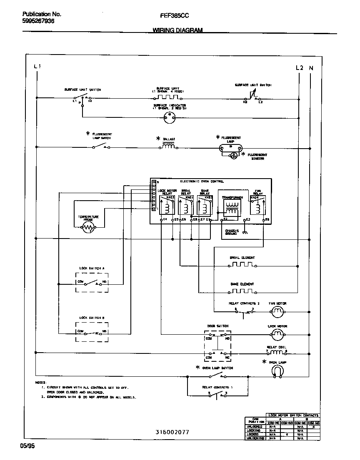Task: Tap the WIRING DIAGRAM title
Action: (x=177, y=30)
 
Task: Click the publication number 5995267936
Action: (x=38, y=21)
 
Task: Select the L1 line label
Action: (x=37, y=67)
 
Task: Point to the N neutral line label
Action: (x=311, y=67)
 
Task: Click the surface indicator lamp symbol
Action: (x=169, y=117)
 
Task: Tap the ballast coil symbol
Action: (x=168, y=146)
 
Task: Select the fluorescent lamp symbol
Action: (x=230, y=147)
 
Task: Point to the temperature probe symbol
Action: (x=88, y=227)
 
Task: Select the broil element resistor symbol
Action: (x=242, y=265)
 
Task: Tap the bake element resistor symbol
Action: (x=242, y=291)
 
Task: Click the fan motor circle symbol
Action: (x=277, y=311)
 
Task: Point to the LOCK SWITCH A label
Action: (x=92, y=269)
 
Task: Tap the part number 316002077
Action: (x=172, y=432)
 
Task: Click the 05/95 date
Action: (x=26, y=446)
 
